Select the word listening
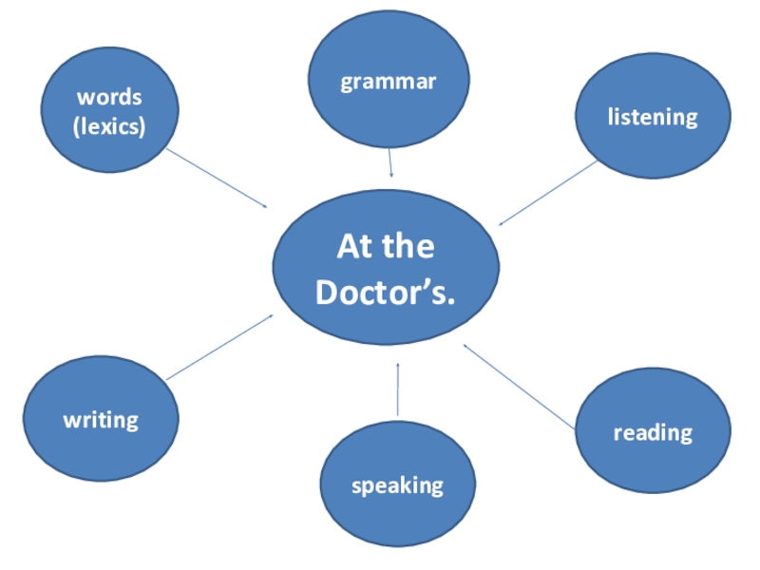(x=653, y=117)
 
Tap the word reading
(x=653, y=433)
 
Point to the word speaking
(x=397, y=485)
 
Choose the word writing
(x=101, y=419)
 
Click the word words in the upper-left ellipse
(x=109, y=97)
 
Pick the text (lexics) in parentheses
(x=109, y=125)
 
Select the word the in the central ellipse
(x=409, y=247)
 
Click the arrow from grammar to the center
(x=389, y=163)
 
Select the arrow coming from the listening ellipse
(x=548, y=193)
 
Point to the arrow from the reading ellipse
(x=520, y=387)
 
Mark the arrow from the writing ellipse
(x=219, y=348)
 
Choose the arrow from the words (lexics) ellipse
(x=217, y=178)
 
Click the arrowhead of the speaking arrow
(x=398, y=366)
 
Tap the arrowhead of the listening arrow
(x=503, y=222)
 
